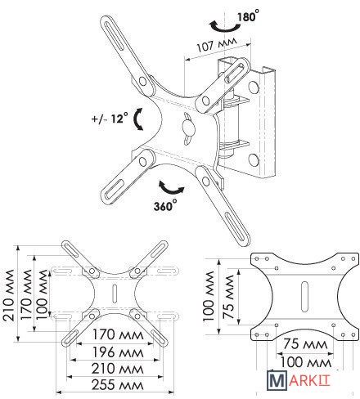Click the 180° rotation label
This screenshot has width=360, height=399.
point(248,16)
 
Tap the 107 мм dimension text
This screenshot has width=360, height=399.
point(217,44)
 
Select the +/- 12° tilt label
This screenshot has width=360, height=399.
point(110,119)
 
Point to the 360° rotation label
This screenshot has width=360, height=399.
point(165,205)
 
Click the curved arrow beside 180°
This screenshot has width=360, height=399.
point(224,26)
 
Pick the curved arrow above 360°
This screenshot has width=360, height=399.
point(171,188)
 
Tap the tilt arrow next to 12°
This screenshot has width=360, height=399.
point(138,119)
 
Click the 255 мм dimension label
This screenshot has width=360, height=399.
point(118,385)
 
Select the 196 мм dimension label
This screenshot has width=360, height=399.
point(118,352)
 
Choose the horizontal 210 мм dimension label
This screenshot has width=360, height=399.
point(118,369)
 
